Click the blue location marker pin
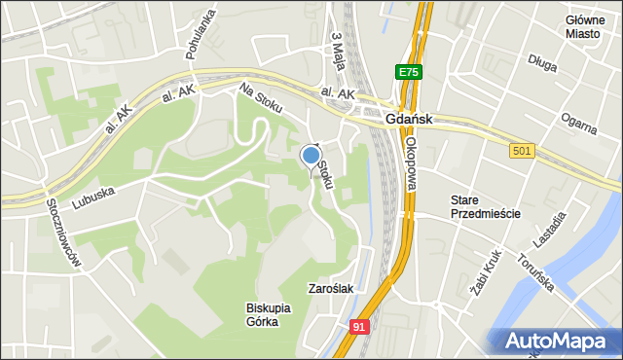pyautogui.click(x=311, y=156)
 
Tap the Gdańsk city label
pyautogui.click(x=408, y=119)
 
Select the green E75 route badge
pyautogui.click(x=409, y=72)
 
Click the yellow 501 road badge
pyautogui.click(x=522, y=151)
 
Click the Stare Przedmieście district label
pyautogui.click(x=485, y=206)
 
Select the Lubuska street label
pyautogui.click(x=93, y=198)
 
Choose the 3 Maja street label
pyautogui.click(x=339, y=48)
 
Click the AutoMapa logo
pyautogui.click(x=559, y=341)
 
